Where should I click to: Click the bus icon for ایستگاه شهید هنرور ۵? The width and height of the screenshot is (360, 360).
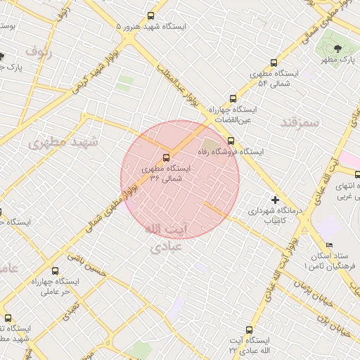[151, 16]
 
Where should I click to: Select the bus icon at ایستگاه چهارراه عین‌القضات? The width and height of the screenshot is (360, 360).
[233, 99]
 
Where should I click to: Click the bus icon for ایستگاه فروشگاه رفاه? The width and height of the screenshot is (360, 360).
[231, 141]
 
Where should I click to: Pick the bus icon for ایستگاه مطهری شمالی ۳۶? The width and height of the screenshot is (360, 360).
[167, 157]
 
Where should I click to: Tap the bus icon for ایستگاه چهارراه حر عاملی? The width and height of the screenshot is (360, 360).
[56, 270]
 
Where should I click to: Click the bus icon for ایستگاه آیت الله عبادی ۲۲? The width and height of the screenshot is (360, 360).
[250, 330]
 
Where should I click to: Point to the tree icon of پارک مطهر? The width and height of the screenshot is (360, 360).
[338, 49]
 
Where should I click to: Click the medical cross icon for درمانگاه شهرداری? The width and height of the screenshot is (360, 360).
[275, 200]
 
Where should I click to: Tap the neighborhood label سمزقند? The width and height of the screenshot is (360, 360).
[300, 122]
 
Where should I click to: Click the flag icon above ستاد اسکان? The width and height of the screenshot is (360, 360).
[330, 244]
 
